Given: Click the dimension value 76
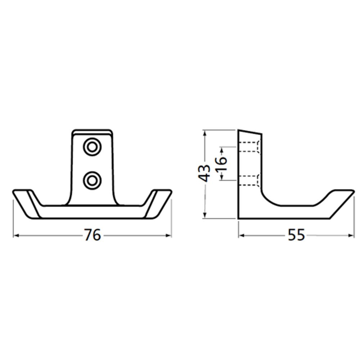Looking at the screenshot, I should click(x=93, y=235).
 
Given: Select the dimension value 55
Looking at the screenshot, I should click(x=296, y=235).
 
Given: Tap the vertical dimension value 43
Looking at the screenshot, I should click(x=205, y=173).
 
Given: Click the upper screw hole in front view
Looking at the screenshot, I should click(x=92, y=147).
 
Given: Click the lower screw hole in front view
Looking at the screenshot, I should click(x=92, y=180).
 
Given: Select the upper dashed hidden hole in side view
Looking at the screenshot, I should click(x=249, y=147).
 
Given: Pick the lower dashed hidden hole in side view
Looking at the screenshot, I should click(x=249, y=180).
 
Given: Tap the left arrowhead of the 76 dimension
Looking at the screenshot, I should click(x=15, y=235).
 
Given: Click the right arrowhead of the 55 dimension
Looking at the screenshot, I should click(x=352, y=235).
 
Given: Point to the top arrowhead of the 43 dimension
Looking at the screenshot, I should click(x=204, y=133).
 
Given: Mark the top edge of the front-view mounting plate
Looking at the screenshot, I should click(x=91, y=131).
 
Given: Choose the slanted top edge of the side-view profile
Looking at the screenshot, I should click(x=250, y=131).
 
